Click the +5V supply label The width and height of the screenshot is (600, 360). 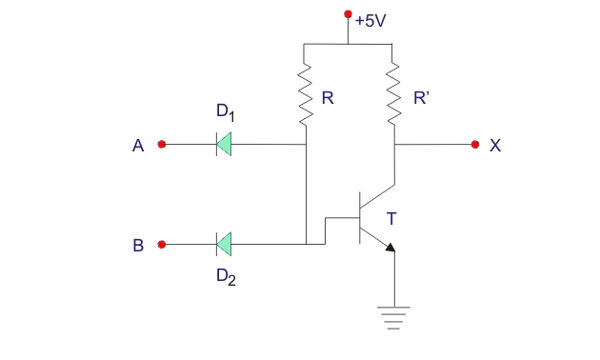coord(370,20)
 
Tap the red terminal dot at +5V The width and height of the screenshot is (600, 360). coord(348,15)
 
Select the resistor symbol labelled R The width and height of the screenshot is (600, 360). coord(306,95)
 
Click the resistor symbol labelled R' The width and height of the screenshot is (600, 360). coord(395,95)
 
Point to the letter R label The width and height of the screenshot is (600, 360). coord(328,97)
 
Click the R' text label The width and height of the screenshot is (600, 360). coord(421,97)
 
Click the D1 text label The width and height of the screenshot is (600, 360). coord(226,113)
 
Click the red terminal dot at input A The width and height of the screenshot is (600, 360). coord(162,145)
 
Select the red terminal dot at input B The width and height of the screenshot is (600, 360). coord(162,245)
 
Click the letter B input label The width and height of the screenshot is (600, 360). coord(138,246)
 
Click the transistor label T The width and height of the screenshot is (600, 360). coord(391,219)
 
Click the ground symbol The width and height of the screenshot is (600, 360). coord(394,314)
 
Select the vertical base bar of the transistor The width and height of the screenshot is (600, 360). coord(360,218)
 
